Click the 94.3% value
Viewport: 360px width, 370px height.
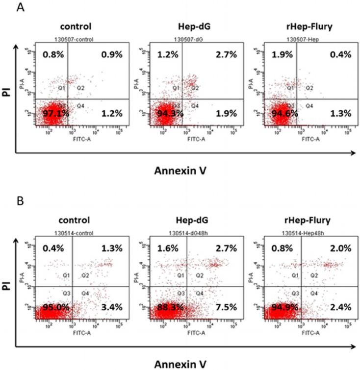pyautogui.click(x=167, y=113)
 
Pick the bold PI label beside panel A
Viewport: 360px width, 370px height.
pyautogui.click(x=7, y=91)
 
